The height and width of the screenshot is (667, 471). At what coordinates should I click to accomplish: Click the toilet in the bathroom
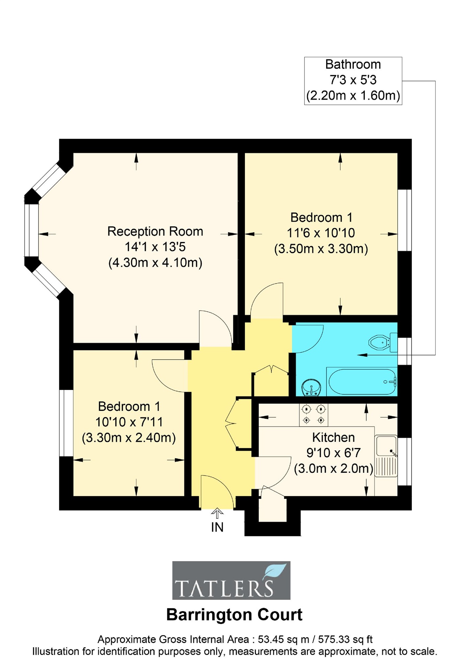[382, 343]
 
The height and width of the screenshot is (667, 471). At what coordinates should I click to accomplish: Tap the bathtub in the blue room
[361, 381]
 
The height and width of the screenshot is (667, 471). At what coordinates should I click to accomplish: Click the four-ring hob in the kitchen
[313, 415]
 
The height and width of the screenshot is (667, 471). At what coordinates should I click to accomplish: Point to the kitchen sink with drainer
[386, 456]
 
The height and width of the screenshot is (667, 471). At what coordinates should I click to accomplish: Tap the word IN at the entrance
[217, 527]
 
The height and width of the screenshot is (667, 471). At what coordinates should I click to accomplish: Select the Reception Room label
[155, 231]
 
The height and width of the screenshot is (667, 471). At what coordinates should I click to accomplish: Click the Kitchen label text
[333, 437]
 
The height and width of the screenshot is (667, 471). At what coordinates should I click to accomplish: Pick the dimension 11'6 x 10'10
[321, 233]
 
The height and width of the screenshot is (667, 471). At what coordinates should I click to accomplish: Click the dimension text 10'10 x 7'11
[129, 422]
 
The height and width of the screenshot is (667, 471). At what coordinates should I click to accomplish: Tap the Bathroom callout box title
[353, 65]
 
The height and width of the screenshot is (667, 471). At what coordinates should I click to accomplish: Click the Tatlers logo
[231, 580]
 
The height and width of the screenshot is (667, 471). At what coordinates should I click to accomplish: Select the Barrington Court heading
[234, 615]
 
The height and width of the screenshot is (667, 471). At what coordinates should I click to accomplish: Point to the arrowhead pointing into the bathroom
[362, 355]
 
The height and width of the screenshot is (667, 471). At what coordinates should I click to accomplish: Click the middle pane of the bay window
[32, 230]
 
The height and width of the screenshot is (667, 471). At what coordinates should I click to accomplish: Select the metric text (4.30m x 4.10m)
[155, 263]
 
